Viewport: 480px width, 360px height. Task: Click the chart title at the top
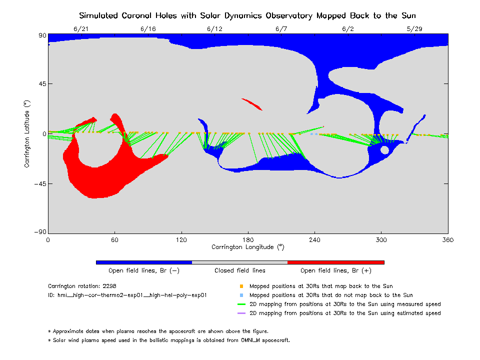(x=247, y=15)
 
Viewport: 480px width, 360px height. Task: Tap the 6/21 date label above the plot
(x=81, y=28)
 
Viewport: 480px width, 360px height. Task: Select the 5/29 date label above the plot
(x=414, y=28)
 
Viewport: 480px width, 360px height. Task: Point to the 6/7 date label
(x=281, y=28)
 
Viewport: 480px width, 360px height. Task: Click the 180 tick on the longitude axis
(x=248, y=239)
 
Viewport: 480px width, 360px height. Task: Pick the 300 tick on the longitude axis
(x=381, y=239)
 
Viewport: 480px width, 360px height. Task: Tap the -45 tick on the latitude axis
(x=39, y=183)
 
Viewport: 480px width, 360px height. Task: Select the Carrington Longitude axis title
(x=248, y=247)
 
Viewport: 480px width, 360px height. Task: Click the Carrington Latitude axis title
(x=28, y=134)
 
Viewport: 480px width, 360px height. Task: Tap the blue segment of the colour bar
(x=143, y=262)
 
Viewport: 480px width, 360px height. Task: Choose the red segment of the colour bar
(x=335, y=262)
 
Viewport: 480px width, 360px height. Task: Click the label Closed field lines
(x=240, y=270)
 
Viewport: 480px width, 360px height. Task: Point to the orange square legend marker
(x=241, y=286)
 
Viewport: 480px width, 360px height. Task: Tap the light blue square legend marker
(x=241, y=295)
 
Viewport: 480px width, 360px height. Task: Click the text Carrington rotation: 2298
(x=77, y=286)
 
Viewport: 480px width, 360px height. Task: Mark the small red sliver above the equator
(x=252, y=104)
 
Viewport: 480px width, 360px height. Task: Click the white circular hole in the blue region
(x=384, y=149)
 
